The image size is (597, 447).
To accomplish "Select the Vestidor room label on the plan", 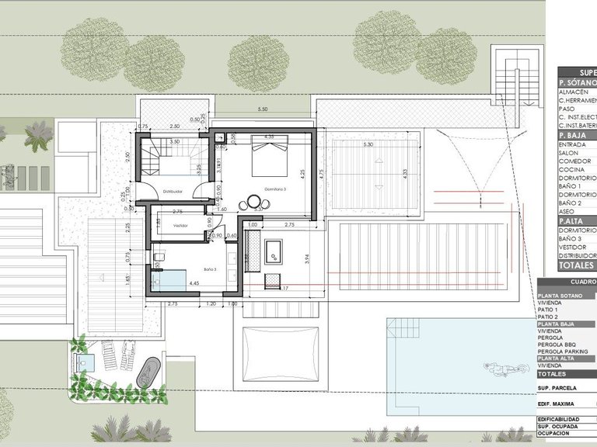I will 180,226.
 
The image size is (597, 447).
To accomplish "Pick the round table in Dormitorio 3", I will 254,203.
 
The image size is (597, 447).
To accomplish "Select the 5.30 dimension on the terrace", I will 368,144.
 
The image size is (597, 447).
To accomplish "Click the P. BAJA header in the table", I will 575,135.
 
